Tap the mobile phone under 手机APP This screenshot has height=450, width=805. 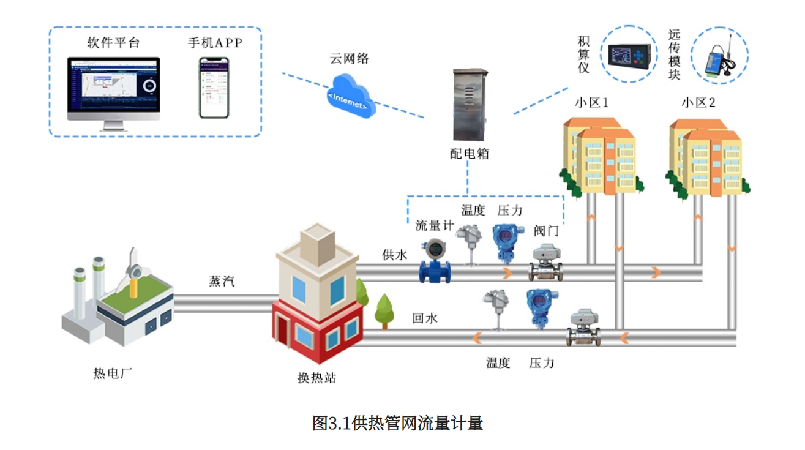(x=214, y=88)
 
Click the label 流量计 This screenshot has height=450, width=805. (x=434, y=225)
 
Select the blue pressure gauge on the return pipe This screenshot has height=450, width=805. (x=537, y=309)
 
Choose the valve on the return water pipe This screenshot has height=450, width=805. (x=583, y=328)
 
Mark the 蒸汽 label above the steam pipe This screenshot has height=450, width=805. (x=222, y=282)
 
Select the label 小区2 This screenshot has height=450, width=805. (x=698, y=102)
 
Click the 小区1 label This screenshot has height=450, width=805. (x=591, y=102)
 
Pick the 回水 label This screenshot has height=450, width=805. (x=425, y=318)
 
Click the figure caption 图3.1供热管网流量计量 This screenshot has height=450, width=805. (x=397, y=423)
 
